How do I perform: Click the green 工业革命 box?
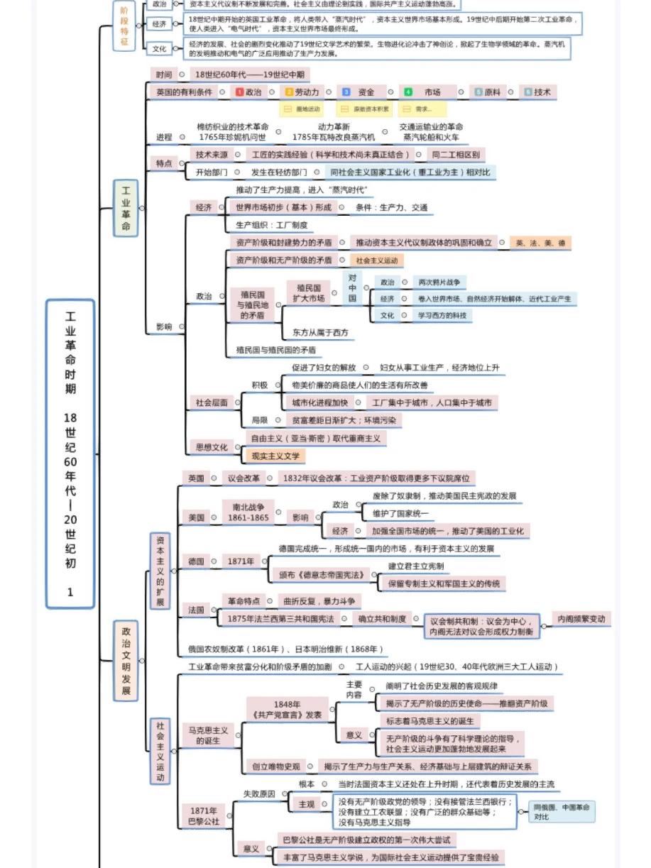pyautogui.click(x=126, y=207)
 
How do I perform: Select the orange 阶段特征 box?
pyautogui.click(x=124, y=26)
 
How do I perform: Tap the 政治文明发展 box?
pyautogui.click(x=126, y=660)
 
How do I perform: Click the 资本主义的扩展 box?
pyautogui.click(x=160, y=571)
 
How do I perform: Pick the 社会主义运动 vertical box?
pyautogui.click(x=160, y=751)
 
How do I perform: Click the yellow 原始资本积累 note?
pyautogui.click(x=365, y=109)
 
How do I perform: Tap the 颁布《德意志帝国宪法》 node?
pyautogui.click(x=319, y=574)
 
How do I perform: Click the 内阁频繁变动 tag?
pyautogui.click(x=581, y=619)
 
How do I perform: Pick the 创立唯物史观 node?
pyautogui.click(x=275, y=767)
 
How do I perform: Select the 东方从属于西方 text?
pyautogui.click(x=320, y=332)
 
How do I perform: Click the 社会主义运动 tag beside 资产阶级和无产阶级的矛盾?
pyautogui.click(x=377, y=260)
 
